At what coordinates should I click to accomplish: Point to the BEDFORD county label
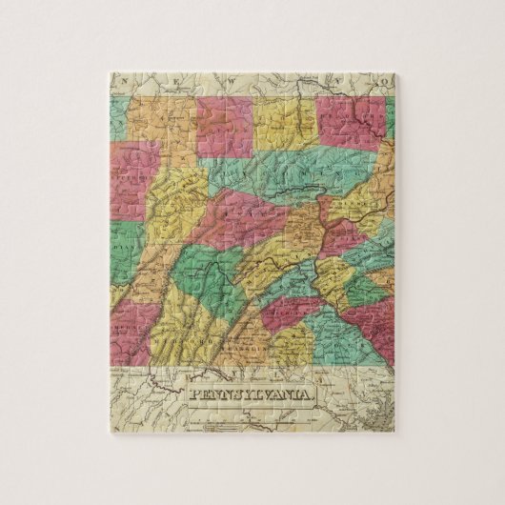pos(195,340)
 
